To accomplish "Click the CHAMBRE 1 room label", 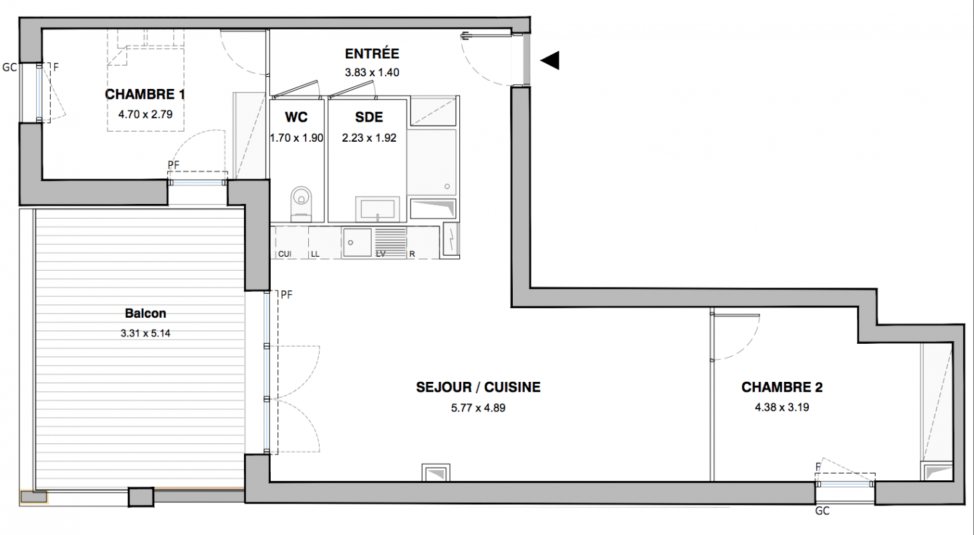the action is pos(145,94).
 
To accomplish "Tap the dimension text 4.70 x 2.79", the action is pos(145,114).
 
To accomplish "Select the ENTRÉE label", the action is pos(372,53).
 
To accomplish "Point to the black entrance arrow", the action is pos(550,60).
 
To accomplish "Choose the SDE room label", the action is pos(369,117).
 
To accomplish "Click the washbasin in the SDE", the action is pos(378,209).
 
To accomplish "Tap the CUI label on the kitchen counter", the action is pos(285,254).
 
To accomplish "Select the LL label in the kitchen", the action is pos(316,254).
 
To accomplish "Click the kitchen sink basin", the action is pos(357,242).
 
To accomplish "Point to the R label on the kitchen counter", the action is pos(412,254).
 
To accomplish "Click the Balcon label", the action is pos(145,313).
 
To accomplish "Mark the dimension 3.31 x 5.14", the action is pos(145,334).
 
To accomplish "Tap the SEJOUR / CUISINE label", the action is pos(478,387).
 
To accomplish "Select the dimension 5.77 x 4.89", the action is pos(478,408).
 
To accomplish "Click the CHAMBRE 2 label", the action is pos(782,387).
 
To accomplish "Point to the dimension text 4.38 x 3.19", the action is pos(782,407).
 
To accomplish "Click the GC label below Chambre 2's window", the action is pos(822,511).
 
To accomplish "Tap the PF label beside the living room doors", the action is pos(287,295).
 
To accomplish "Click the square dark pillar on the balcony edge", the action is pos(141,497).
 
